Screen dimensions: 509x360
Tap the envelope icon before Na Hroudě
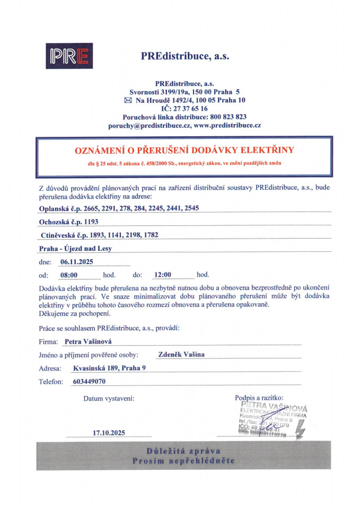coord(127,100)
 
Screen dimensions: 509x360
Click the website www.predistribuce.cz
coord(227,125)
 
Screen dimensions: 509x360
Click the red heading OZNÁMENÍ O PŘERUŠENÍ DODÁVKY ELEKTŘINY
coord(184,151)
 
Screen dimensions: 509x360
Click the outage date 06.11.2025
coord(76,261)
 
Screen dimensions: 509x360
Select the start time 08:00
coord(69,275)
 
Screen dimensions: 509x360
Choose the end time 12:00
coord(162,275)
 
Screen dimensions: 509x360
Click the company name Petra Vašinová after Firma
coord(88,342)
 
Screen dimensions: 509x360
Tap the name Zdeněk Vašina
coord(181,355)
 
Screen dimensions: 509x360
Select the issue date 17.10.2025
coord(109,433)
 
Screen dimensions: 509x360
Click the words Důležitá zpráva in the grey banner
coord(183,451)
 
